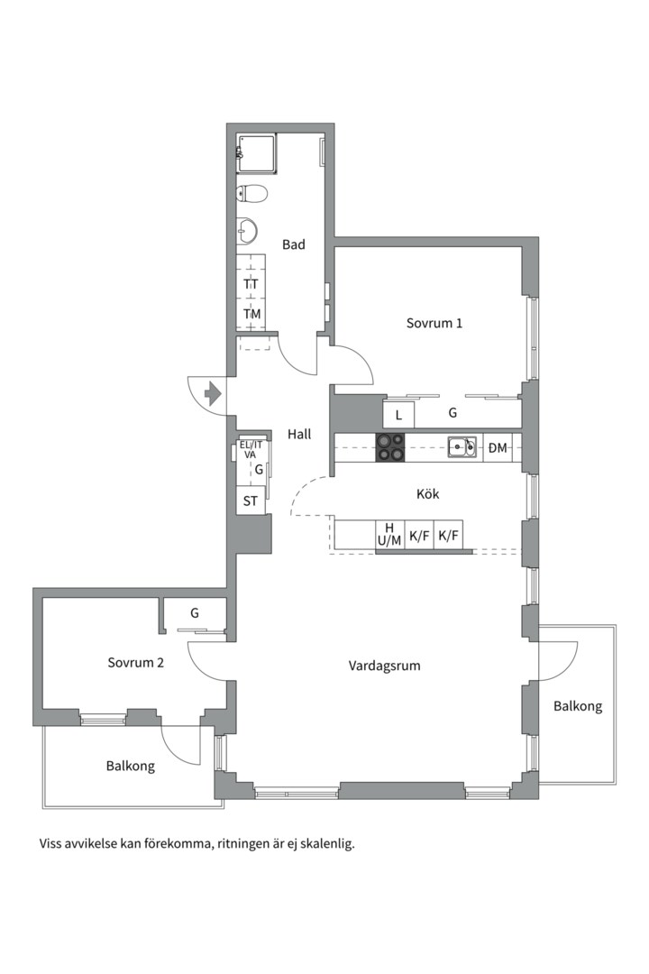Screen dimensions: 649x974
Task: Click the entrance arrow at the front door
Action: (x=213, y=394)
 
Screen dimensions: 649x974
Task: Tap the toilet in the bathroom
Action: (x=251, y=195)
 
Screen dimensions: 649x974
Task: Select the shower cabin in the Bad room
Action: (x=255, y=153)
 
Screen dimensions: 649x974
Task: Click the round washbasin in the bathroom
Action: (x=247, y=231)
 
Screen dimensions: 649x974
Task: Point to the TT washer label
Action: (x=251, y=284)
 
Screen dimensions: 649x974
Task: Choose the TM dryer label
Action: (x=251, y=314)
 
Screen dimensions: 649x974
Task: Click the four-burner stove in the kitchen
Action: (x=390, y=447)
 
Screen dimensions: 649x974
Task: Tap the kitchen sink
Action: (x=462, y=446)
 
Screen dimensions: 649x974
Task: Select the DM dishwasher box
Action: (x=498, y=447)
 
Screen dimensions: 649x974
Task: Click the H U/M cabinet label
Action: (x=389, y=535)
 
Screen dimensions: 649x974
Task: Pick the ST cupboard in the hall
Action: (x=251, y=501)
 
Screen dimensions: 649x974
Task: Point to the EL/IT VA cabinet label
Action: (x=251, y=449)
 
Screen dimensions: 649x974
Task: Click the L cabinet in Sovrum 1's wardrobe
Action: (x=398, y=414)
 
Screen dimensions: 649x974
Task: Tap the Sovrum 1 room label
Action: (x=434, y=323)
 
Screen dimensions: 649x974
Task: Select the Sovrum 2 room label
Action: (x=135, y=662)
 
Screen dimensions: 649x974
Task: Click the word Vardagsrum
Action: (x=384, y=666)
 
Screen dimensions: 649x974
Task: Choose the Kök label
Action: (x=428, y=494)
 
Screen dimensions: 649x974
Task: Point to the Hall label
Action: (x=299, y=434)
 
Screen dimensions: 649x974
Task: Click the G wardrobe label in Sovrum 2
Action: (x=195, y=613)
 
